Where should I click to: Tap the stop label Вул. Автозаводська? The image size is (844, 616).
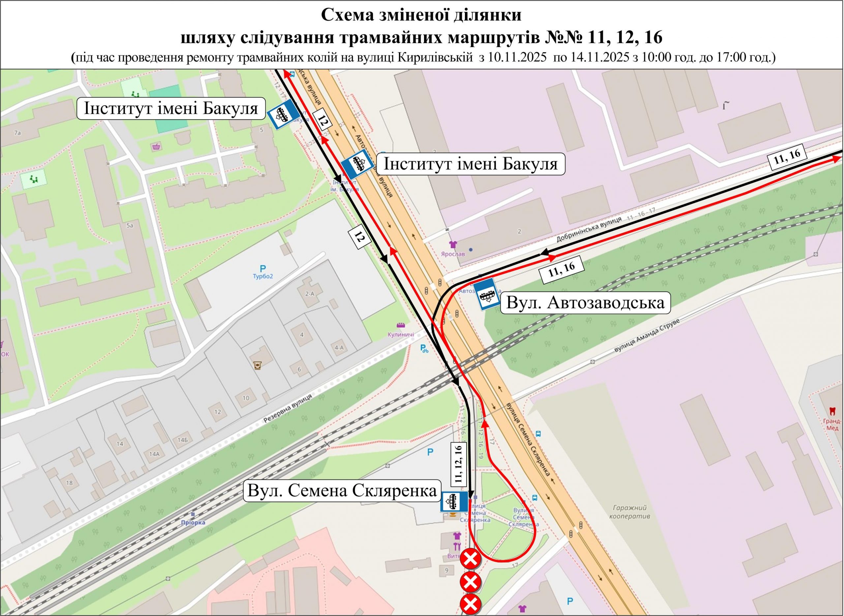(585, 302)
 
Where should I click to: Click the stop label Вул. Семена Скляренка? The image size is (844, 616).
(342, 490)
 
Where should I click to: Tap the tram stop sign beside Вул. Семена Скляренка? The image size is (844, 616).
(454, 502)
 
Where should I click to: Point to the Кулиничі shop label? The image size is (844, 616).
(401, 335)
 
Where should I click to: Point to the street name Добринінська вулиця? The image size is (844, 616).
(589, 228)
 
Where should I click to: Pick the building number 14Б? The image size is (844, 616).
(183, 440)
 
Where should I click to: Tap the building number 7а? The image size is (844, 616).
(17, 132)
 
